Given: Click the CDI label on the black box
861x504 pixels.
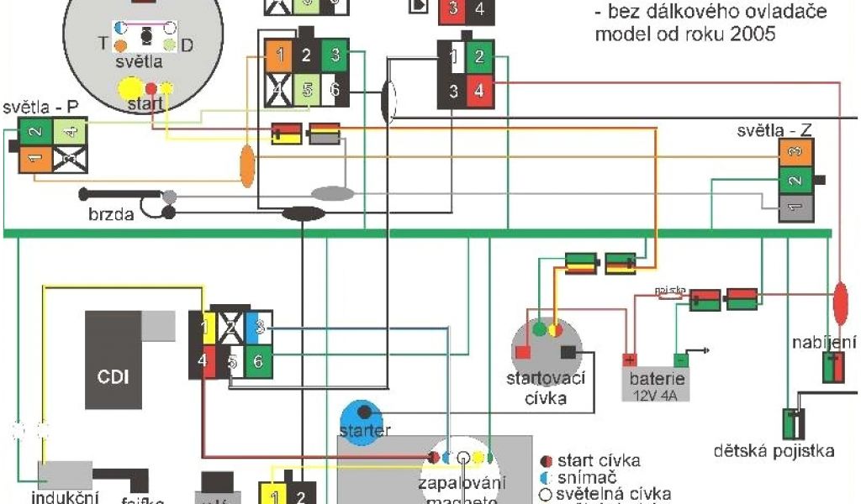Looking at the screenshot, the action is pos(113,376).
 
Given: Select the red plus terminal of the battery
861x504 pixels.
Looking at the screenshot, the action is pos(630,360).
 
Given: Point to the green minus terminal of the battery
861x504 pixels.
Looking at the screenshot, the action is pos(681,360).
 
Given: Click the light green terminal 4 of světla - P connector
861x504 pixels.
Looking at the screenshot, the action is pos(69,130).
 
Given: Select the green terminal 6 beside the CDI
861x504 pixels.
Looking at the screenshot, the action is pos(258,362).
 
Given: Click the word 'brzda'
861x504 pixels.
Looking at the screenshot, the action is pos(110,214).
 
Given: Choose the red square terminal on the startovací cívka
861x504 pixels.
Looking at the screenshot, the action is pos(522,352).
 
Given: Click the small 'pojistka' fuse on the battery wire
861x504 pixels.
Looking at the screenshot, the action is pos(669,293).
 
